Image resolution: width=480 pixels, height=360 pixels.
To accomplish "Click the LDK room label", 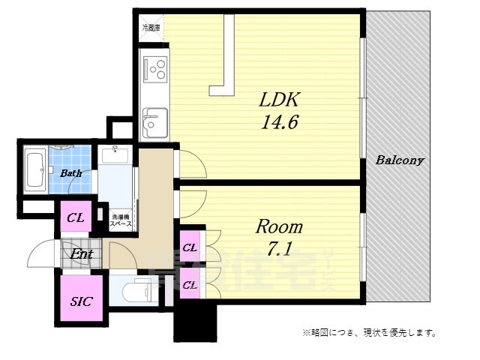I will [x=279, y=99].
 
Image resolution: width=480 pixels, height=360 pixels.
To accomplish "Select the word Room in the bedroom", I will [x=280, y=226].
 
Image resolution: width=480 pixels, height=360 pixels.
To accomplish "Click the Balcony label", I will [x=400, y=160].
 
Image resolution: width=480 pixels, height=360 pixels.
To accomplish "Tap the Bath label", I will [x=71, y=173].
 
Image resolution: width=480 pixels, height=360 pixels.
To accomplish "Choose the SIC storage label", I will [x=81, y=302].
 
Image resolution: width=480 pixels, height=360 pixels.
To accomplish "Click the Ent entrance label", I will [x=82, y=254].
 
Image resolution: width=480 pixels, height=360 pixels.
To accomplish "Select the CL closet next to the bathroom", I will [x=76, y=218].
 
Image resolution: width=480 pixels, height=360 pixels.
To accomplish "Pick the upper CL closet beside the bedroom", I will [x=190, y=247].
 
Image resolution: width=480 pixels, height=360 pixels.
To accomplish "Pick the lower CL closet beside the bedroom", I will [x=190, y=284].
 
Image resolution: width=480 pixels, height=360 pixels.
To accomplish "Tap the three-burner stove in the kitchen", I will [x=157, y=70].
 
